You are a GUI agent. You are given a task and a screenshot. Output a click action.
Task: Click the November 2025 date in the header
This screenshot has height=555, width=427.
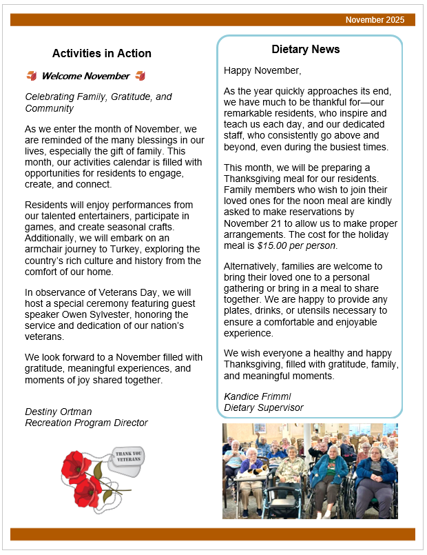(x=375, y=20)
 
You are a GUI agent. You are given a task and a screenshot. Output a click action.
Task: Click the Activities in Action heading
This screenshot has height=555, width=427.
(x=102, y=54)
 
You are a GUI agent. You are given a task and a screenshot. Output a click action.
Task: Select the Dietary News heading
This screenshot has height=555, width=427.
(x=306, y=50)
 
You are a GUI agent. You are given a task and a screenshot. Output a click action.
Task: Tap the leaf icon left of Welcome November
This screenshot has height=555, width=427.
(x=31, y=76)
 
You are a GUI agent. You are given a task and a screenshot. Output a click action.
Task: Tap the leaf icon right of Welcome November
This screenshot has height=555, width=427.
(x=140, y=76)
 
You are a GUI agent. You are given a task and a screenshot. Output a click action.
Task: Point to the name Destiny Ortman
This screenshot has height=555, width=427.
(x=59, y=412)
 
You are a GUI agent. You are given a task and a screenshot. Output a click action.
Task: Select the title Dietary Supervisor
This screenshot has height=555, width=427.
(x=264, y=407)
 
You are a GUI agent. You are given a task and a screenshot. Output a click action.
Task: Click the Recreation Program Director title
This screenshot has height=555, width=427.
(x=86, y=423)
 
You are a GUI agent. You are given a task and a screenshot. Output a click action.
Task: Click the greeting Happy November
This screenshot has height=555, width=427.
(x=262, y=70)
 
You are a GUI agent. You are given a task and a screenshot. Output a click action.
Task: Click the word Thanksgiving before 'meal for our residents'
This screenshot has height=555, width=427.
(x=256, y=179)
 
